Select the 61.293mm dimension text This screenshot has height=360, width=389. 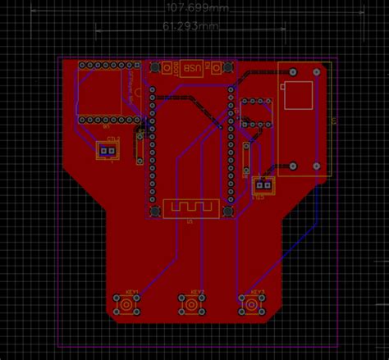click(x=190, y=26)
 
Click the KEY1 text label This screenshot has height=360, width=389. click(x=132, y=292)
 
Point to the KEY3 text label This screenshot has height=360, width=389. click(x=257, y=292)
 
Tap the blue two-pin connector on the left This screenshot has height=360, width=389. click(x=108, y=150)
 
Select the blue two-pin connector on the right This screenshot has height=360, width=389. click(x=262, y=186)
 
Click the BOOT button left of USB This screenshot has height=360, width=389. click(x=170, y=69)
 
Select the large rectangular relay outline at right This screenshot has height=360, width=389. click(x=303, y=119)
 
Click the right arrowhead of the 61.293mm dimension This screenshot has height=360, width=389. click(x=283, y=31)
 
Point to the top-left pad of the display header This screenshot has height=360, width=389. click(x=82, y=64)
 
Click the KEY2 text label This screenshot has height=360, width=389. click(x=197, y=292)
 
